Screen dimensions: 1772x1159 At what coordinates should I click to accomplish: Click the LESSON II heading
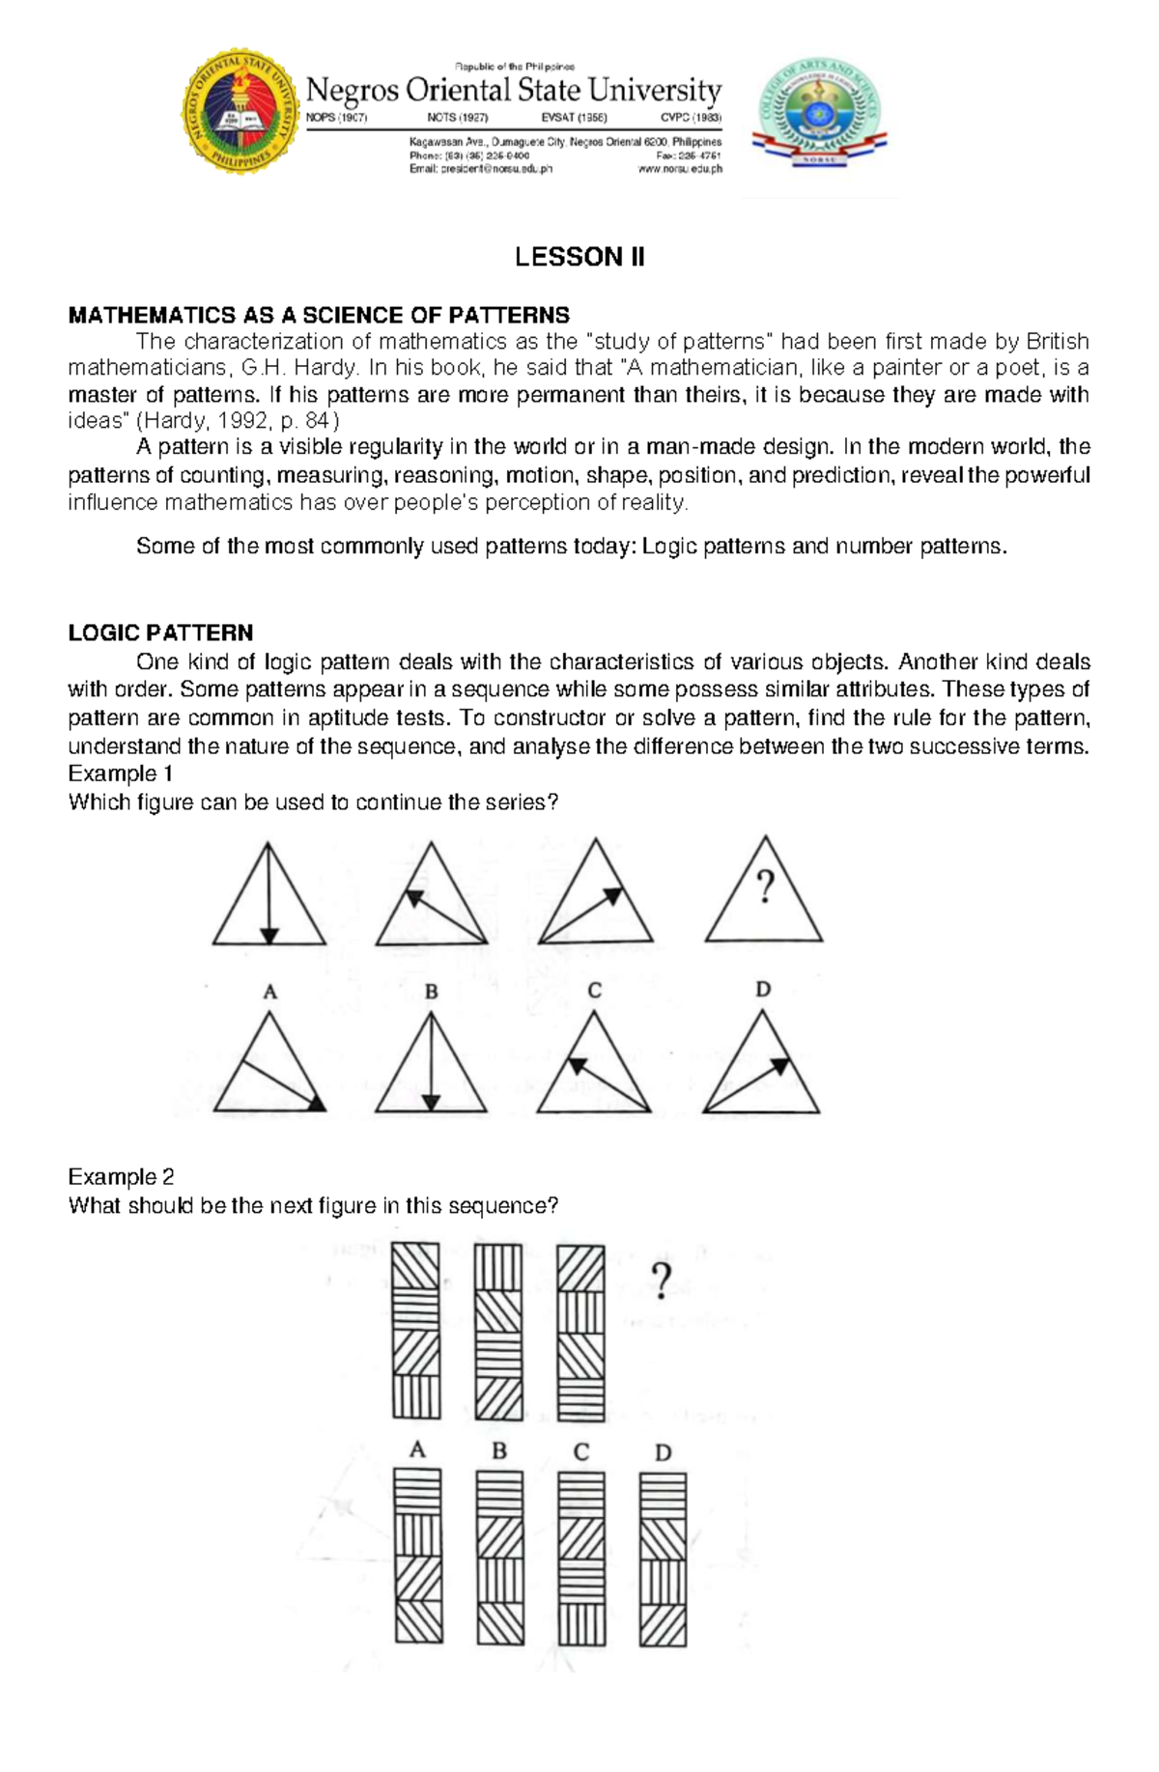pos(579,257)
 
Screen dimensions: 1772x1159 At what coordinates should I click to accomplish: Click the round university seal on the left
pos(240,114)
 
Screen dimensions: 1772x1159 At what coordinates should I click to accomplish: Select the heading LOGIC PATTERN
pos(160,633)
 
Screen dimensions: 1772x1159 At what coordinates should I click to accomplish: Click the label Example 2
pos(121,1176)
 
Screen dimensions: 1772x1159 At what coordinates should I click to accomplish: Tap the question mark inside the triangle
pos(765,886)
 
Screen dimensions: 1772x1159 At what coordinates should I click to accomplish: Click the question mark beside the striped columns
pos(661,1281)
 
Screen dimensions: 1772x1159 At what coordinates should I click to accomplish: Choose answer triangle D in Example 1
pos(761,1066)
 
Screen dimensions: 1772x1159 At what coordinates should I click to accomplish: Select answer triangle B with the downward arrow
pos(431,1066)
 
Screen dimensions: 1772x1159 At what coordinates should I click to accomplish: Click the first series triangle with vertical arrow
pos(269,896)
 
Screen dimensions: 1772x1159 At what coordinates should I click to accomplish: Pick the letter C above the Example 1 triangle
pos(594,991)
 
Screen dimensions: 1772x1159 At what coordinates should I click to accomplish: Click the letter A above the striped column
pos(417,1449)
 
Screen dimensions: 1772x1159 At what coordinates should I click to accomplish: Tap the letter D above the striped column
pos(663,1451)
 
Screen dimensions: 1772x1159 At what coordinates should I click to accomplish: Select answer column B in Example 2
pos(499,1557)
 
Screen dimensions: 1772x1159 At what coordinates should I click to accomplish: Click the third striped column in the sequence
pos(580,1332)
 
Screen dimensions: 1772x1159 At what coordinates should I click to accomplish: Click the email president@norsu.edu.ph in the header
pos(480,169)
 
